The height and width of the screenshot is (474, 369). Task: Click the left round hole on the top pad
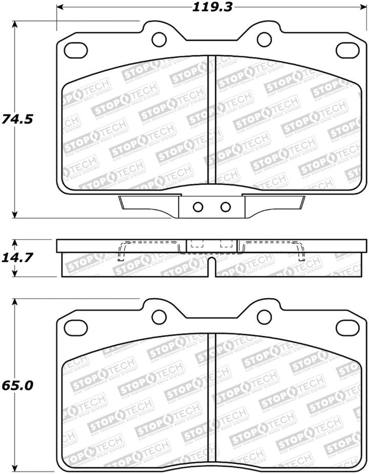[x=159, y=39]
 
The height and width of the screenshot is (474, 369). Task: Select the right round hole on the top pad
[x=264, y=39]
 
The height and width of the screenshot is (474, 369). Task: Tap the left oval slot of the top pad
[x=76, y=50]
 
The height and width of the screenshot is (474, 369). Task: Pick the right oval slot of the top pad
[x=347, y=50]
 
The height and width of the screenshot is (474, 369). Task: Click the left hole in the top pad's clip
[x=198, y=207]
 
